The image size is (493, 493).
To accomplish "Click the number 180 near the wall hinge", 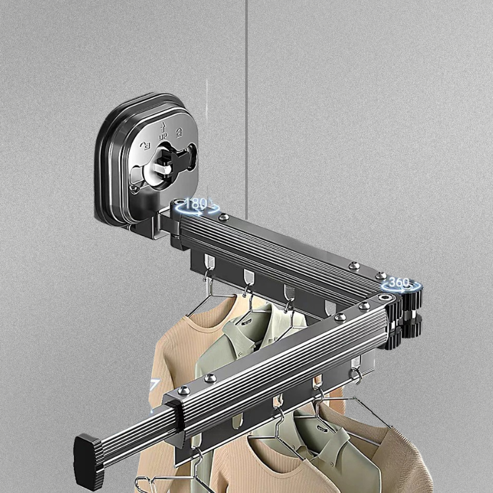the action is tap(195, 204).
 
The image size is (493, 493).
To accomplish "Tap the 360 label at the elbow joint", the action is tap(399, 282).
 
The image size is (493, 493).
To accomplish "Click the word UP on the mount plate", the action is tap(163, 137).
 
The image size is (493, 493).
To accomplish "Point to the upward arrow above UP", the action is tap(163, 128).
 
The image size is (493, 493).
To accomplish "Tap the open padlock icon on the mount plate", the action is tap(146, 146).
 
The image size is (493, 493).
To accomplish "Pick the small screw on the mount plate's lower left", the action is tap(134, 188).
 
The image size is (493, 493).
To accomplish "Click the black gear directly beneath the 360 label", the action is tap(411, 299).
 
